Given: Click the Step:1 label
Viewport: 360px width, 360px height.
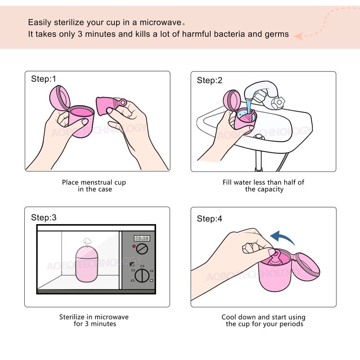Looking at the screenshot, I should click(x=44, y=79).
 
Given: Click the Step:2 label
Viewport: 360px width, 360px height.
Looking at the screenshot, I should click(x=210, y=81).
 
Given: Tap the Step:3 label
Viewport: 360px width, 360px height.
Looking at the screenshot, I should click(x=44, y=218).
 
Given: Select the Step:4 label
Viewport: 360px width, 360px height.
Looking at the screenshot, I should click(x=210, y=219).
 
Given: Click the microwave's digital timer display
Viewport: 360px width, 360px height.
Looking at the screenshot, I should click(x=142, y=238).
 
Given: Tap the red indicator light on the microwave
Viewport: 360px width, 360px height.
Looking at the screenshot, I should click(x=134, y=247).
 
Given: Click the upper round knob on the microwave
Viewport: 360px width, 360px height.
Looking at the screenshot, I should click(x=143, y=249).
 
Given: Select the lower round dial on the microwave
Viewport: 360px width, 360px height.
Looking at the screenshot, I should click(x=143, y=275).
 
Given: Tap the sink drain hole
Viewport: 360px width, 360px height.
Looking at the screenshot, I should click(x=258, y=136).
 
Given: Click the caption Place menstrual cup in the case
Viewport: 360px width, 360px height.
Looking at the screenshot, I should click(x=94, y=186).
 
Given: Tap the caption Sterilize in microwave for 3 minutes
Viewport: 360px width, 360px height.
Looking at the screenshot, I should click(x=94, y=320).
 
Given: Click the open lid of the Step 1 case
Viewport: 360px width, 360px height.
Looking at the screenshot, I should click(x=59, y=96).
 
